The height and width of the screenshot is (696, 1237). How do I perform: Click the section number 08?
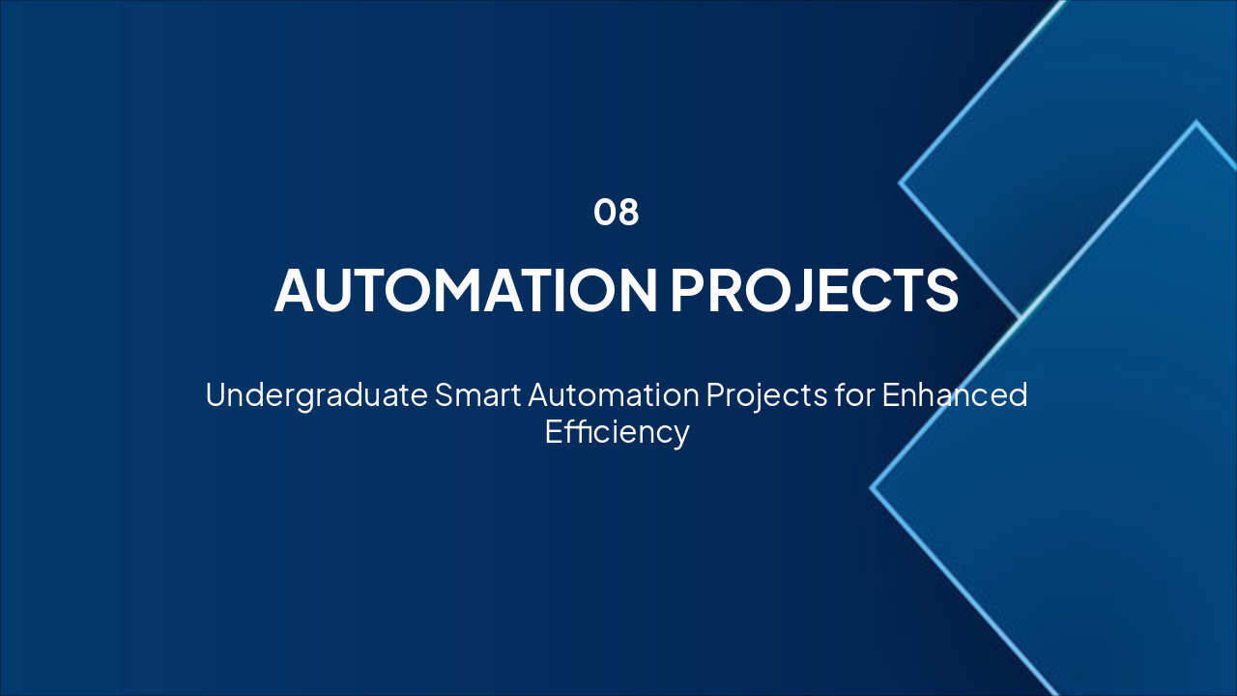(617, 213)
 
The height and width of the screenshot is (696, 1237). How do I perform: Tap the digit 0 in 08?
(605, 213)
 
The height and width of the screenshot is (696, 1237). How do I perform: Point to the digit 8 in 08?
(628, 213)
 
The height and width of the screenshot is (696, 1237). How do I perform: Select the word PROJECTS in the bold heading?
(814, 289)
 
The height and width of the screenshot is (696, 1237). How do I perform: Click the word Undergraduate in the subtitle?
(316, 395)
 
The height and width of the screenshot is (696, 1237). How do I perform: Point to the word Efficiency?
(617, 431)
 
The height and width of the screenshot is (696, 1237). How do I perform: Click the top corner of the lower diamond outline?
(1196, 122)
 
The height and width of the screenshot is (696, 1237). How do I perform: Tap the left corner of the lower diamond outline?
(872, 488)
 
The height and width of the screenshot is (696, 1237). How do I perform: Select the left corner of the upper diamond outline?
(901, 182)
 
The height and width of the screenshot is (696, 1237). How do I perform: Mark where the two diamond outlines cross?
(1021, 316)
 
